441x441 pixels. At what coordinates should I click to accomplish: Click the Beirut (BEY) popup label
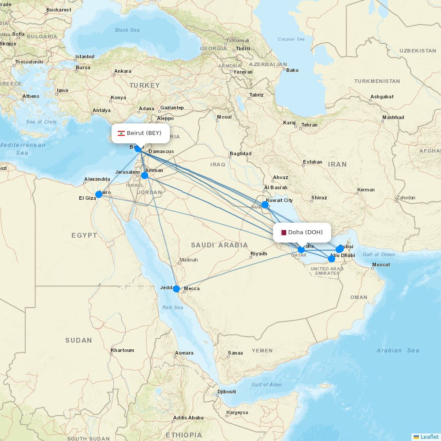point(140,133)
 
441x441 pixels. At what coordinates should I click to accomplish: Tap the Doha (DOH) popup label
point(302,232)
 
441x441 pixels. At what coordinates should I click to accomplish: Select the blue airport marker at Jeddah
point(176,289)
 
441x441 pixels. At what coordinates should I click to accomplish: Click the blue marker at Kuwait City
point(265,205)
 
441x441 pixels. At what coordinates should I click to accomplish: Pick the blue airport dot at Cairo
point(99,194)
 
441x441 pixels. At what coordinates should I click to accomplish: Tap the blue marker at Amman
point(145,176)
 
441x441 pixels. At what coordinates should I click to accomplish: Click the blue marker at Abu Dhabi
point(332,259)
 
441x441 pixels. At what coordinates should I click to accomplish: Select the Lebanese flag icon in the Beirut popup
point(121,133)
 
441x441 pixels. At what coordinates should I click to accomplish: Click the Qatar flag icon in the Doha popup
point(283,232)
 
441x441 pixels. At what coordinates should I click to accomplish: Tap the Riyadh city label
point(258,254)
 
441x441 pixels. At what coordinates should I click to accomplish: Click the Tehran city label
point(309,125)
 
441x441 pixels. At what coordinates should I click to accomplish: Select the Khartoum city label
point(123,350)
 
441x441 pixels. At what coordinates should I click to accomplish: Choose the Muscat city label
point(381,265)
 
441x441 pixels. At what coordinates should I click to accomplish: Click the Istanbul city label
point(85,56)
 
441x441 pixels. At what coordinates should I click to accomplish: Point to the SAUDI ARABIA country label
point(219,245)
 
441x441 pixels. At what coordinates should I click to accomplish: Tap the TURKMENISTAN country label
point(377,81)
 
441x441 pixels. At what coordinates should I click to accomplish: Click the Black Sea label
point(127,30)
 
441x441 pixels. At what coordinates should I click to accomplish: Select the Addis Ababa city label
point(188,418)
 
